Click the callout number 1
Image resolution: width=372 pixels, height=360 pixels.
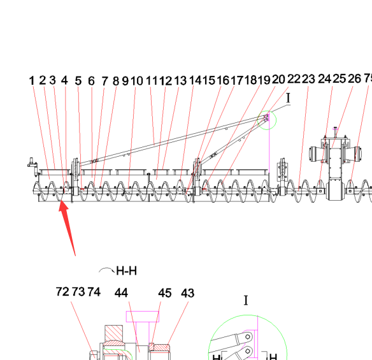click(32, 81)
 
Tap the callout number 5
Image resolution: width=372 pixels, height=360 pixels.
click(78, 81)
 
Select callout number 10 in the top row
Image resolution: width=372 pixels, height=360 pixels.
click(137, 81)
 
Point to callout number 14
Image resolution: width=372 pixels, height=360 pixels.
click(196, 80)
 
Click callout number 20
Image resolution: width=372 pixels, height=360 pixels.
click(278, 80)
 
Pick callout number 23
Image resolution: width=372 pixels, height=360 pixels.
click(308, 79)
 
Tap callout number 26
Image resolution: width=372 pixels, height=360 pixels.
click(354, 78)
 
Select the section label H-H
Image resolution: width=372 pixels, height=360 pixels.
click(127, 271)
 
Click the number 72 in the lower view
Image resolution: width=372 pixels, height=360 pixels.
click(62, 292)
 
